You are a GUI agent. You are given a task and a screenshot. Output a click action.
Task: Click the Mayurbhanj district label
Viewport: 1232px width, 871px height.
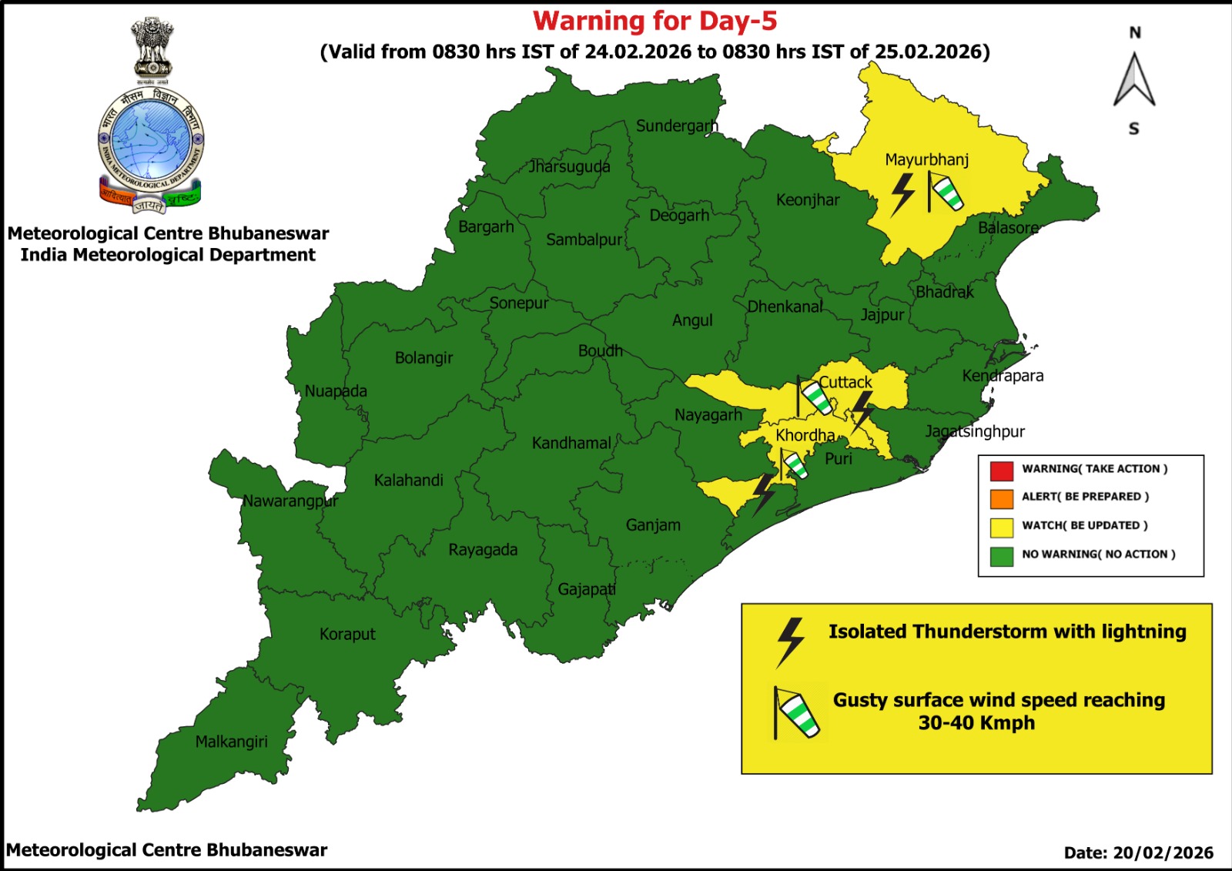926,159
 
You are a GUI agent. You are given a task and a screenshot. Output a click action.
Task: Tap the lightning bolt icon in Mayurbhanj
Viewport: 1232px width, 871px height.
902,194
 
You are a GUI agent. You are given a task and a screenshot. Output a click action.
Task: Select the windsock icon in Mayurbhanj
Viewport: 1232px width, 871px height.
945,192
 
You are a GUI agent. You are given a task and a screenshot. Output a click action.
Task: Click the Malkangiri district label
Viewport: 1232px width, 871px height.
231,742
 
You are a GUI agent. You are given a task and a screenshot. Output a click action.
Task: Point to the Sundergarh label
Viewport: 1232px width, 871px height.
676,126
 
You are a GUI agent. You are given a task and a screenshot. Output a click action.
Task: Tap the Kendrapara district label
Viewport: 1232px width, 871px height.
1003,376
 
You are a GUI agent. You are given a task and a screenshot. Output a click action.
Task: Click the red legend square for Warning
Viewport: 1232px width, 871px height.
1001,470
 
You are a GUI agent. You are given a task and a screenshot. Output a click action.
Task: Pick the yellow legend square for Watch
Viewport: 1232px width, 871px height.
1001,527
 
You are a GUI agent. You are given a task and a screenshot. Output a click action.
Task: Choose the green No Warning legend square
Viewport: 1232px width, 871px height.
1001,555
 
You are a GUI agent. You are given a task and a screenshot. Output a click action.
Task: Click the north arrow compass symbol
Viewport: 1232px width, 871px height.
1134,80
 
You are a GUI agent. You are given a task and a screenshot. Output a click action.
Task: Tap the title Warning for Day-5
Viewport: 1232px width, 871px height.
654,21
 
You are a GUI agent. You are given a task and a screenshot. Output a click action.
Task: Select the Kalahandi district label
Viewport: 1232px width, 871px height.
408,481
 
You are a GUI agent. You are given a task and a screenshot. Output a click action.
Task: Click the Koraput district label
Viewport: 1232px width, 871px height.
347,634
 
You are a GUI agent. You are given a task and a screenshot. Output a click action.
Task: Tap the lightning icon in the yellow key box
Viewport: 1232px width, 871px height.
790,642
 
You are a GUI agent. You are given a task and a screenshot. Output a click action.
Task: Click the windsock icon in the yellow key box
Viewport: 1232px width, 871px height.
796,713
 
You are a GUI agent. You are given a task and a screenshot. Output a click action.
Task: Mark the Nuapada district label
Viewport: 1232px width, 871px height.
336,391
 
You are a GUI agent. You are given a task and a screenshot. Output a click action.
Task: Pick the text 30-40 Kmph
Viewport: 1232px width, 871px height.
976,723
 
